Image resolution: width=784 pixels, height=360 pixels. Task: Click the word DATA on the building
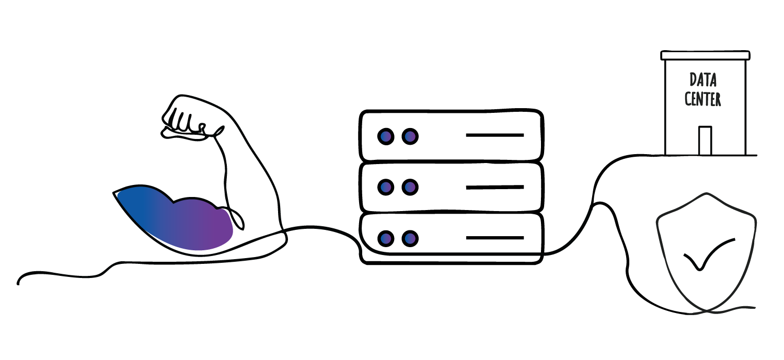703,80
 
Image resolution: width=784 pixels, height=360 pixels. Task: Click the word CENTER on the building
702,99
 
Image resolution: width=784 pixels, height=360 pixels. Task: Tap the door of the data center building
705,141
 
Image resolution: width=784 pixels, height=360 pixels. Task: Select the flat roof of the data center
705,55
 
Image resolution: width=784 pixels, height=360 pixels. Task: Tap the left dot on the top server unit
386,136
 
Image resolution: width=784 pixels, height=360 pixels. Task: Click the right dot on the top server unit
410,136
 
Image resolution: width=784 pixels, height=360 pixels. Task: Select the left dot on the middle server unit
386,187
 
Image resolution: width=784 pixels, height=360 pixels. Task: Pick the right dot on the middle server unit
410,187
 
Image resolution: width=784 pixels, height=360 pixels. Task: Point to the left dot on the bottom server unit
386,239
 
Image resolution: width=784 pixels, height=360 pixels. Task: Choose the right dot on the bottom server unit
410,239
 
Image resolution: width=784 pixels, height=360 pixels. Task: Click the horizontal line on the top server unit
495,135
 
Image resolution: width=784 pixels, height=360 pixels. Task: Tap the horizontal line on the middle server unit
495,188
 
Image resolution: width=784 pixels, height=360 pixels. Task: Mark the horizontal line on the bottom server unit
495,238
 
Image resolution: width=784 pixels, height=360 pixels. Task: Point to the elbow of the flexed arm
282,238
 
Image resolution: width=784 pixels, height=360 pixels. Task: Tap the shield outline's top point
706,193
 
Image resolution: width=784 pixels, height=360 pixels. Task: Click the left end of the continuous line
18,283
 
